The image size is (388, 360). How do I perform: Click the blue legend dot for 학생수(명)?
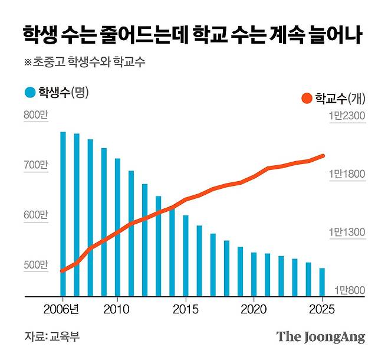coord(30,92)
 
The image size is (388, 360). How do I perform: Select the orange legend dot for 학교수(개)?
coord(306,98)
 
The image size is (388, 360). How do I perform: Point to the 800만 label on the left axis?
coord(35,115)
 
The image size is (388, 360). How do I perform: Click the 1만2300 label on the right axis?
coord(348,116)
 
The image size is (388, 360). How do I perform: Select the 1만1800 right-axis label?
coord(348,174)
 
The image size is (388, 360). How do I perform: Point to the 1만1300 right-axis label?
coord(348,233)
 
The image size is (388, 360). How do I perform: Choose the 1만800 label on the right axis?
coord(350,290)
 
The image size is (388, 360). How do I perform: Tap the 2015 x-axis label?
coord(186,309)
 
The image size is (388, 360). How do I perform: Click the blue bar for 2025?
coord(322,282)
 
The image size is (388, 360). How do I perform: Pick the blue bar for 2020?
coord(254,274)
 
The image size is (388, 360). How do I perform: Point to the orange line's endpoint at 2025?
coord(323,156)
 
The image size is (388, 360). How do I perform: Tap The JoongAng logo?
coord(321,337)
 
